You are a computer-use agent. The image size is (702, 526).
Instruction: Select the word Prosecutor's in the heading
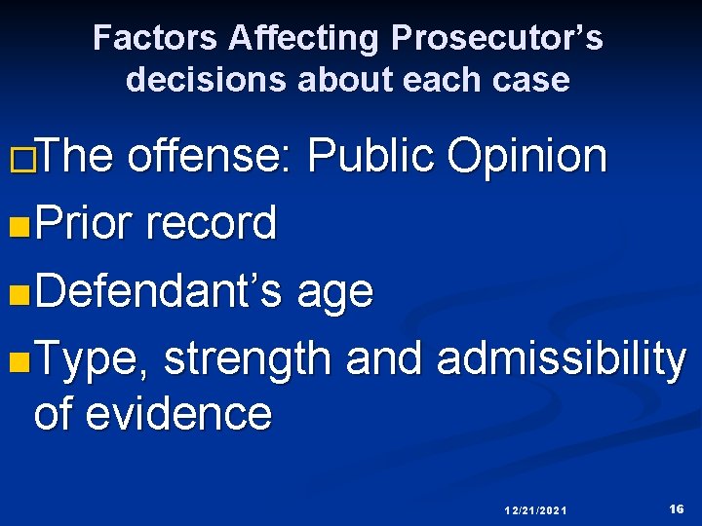pos(497,39)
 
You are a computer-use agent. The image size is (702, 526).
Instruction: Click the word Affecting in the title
pos(305,39)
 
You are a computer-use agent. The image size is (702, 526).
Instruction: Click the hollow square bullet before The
pos(16,159)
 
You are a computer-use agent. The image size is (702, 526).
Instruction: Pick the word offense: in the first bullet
pos(209,156)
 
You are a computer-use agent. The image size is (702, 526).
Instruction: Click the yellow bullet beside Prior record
pos(16,225)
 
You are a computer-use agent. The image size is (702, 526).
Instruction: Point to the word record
pos(210,223)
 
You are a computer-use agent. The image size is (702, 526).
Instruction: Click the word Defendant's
pos(159,290)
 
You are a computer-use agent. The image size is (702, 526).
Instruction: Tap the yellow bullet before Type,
pos(16,361)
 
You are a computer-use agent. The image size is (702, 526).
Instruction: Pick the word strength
pos(248,359)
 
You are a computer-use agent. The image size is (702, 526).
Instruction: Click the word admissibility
pos(562,359)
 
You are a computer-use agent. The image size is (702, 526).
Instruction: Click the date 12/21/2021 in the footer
pos(536,510)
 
